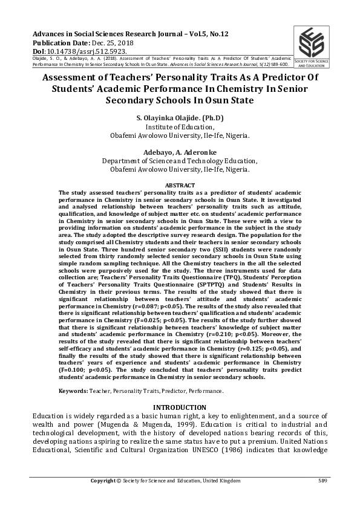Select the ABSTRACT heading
pyautogui.click(x=180, y=185)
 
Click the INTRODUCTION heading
pyautogui.click(x=180, y=407)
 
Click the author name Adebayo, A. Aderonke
pyautogui.click(x=180, y=152)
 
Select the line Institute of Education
pyautogui.click(x=180, y=127)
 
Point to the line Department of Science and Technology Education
pyautogui.click(x=180, y=161)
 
